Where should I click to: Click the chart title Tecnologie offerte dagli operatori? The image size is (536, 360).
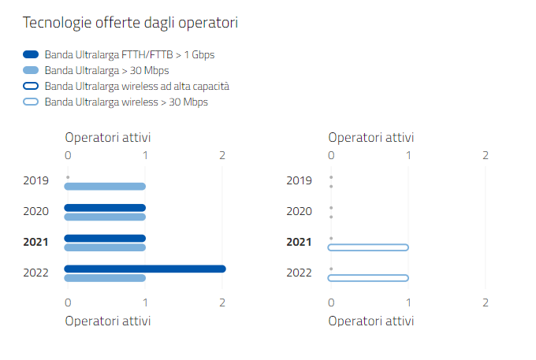(x=131, y=23)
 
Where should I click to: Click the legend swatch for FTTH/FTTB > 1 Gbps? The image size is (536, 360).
(x=32, y=55)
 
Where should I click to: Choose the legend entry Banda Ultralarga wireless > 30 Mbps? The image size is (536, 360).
(x=126, y=102)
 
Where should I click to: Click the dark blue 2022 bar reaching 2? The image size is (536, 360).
(x=145, y=269)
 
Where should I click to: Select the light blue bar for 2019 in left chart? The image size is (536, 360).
(x=105, y=187)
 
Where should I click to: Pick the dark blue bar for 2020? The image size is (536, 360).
(x=105, y=208)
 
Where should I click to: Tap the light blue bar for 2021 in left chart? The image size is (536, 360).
(x=105, y=247)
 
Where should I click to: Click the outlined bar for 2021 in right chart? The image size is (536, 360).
(x=369, y=247)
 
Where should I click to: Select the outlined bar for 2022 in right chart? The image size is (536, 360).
(x=369, y=277)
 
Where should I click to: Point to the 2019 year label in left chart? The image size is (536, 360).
(x=36, y=180)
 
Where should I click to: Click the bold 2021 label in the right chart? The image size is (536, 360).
(x=299, y=242)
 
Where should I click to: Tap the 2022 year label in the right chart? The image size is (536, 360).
(x=299, y=273)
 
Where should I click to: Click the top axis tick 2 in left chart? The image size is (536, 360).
(x=222, y=155)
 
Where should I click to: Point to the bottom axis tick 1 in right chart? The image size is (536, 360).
(x=408, y=302)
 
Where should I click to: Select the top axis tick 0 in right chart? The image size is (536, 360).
(x=331, y=155)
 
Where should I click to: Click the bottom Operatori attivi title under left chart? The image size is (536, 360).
(x=108, y=321)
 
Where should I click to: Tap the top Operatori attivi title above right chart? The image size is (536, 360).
(x=370, y=138)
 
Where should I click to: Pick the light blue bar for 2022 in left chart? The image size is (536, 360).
(x=105, y=277)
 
